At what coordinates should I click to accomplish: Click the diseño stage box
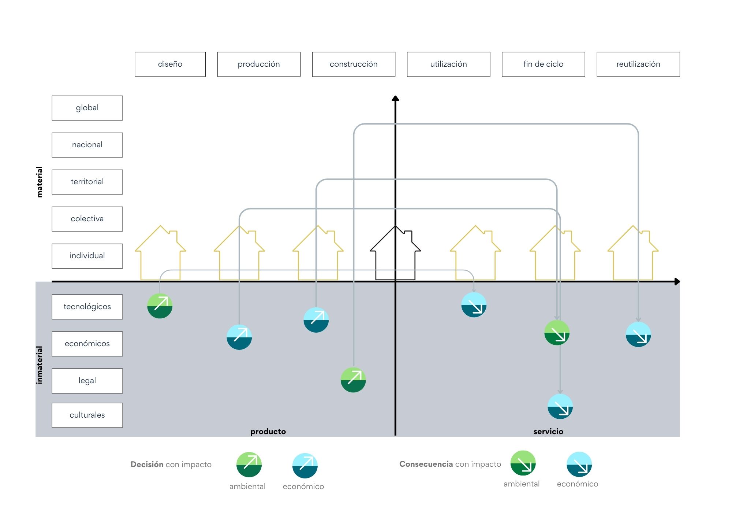coord(170,64)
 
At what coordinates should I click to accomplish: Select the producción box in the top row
coord(259,64)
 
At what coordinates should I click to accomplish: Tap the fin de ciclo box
coord(544,64)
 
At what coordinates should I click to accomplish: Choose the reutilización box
coord(638,64)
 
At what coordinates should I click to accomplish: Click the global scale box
coord(87,108)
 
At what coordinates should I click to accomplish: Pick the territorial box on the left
coord(87,182)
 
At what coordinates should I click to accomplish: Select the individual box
coord(87,256)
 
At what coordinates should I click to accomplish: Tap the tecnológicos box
coord(87,307)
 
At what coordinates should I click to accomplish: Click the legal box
coord(87,381)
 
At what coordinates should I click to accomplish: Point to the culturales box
coord(87,415)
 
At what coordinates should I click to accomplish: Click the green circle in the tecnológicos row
coord(160,306)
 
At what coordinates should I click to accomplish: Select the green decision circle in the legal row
coord(353,380)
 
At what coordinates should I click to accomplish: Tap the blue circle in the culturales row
coord(560,407)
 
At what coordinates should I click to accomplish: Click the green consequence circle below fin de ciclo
coord(557,333)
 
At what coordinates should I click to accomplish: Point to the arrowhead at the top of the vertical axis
coord(395,98)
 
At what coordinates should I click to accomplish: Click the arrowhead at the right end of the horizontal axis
coord(677,281)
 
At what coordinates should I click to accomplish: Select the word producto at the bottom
coord(268,432)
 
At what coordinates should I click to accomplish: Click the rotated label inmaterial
coord(40,365)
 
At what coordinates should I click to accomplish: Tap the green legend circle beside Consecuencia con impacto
coord(523,463)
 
